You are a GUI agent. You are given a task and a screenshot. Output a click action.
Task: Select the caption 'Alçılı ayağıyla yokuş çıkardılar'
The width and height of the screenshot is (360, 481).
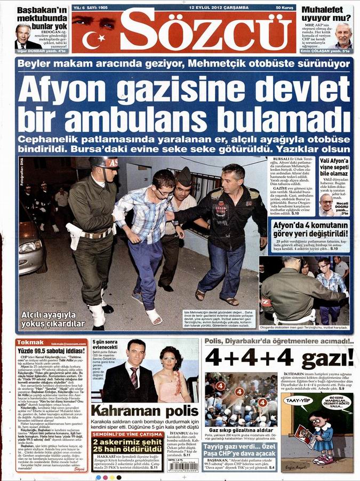[x=49, y=319]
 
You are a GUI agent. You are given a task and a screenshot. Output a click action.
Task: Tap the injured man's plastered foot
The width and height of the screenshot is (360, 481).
[x=155, y=316]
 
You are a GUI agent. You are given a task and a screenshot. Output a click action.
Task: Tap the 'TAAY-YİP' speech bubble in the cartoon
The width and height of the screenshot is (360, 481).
[x=296, y=400]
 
